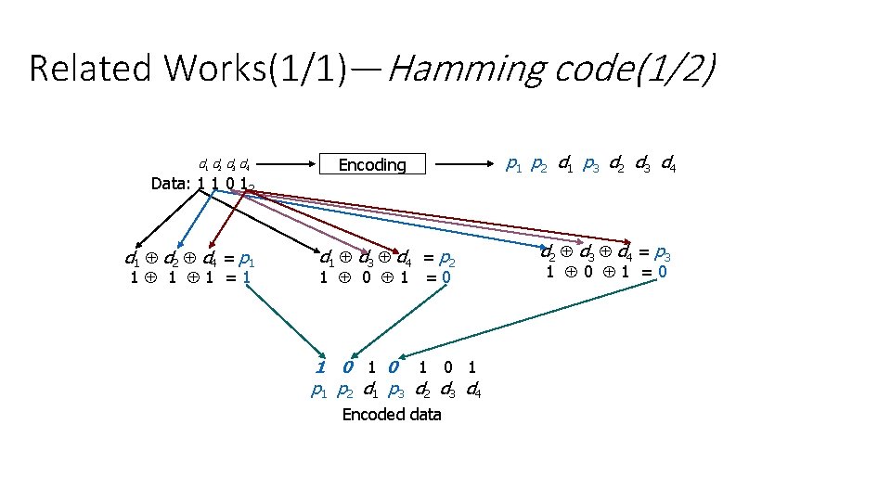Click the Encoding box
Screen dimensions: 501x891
pos(372,165)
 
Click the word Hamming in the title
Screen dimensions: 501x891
pos(466,69)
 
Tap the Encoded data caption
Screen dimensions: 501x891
pos(392,415)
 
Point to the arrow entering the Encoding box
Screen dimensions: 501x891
pos(282,164)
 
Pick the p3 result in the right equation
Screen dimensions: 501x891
pos(662,252)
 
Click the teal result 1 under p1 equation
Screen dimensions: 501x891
pos(246,276)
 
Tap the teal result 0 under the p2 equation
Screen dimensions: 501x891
pos(447,276)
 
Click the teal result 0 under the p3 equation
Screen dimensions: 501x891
pos(662,272)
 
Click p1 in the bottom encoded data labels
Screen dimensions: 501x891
pos(319,391)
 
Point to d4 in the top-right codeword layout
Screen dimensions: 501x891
pos(666,166)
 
